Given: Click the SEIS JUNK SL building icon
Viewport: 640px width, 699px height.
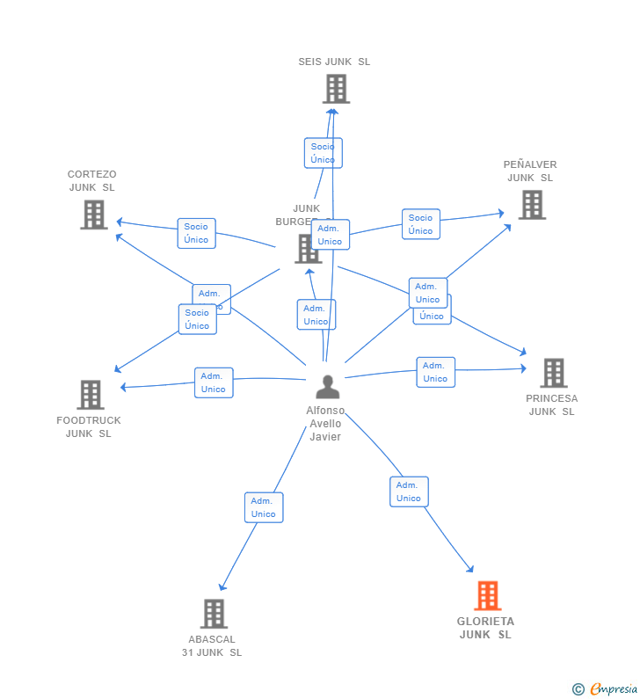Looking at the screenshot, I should click(336, 89).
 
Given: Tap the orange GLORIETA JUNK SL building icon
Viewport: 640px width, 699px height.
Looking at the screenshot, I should click(487, 595).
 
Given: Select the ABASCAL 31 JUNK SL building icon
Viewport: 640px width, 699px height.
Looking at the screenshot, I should click(214, 614).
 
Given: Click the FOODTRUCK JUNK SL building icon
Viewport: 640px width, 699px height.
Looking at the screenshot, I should click(90, 395).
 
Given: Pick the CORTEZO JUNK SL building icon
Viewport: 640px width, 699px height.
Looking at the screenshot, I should click(93, 215).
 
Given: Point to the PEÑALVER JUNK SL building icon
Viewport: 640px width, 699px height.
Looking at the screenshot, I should click(531, 205).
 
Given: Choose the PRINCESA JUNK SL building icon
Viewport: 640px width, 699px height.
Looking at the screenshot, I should click(553, 373).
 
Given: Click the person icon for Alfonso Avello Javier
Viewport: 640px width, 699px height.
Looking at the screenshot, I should click(327, 387).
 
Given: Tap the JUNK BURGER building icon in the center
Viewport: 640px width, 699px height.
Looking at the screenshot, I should click(307, 249).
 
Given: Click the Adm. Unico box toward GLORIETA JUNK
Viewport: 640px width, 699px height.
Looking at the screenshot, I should click(409, 491).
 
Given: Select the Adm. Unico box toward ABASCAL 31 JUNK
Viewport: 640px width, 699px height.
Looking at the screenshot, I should click(264, 507).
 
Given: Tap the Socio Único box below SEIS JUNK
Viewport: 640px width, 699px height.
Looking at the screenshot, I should click(323, 153).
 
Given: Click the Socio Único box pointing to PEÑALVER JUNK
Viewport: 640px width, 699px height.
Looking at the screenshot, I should click(420, 224).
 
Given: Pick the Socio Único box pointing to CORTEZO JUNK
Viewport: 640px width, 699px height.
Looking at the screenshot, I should click(196, 233).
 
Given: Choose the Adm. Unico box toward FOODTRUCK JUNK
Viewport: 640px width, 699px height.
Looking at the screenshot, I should click(214, 382).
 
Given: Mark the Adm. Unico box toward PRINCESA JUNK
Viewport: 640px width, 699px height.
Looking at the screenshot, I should click(435, 372).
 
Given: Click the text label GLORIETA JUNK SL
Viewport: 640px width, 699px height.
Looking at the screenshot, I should click(485, 628).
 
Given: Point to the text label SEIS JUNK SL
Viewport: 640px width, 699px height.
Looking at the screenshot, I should click(334, 62).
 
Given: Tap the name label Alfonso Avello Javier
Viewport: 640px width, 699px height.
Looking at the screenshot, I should click(324, 424).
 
